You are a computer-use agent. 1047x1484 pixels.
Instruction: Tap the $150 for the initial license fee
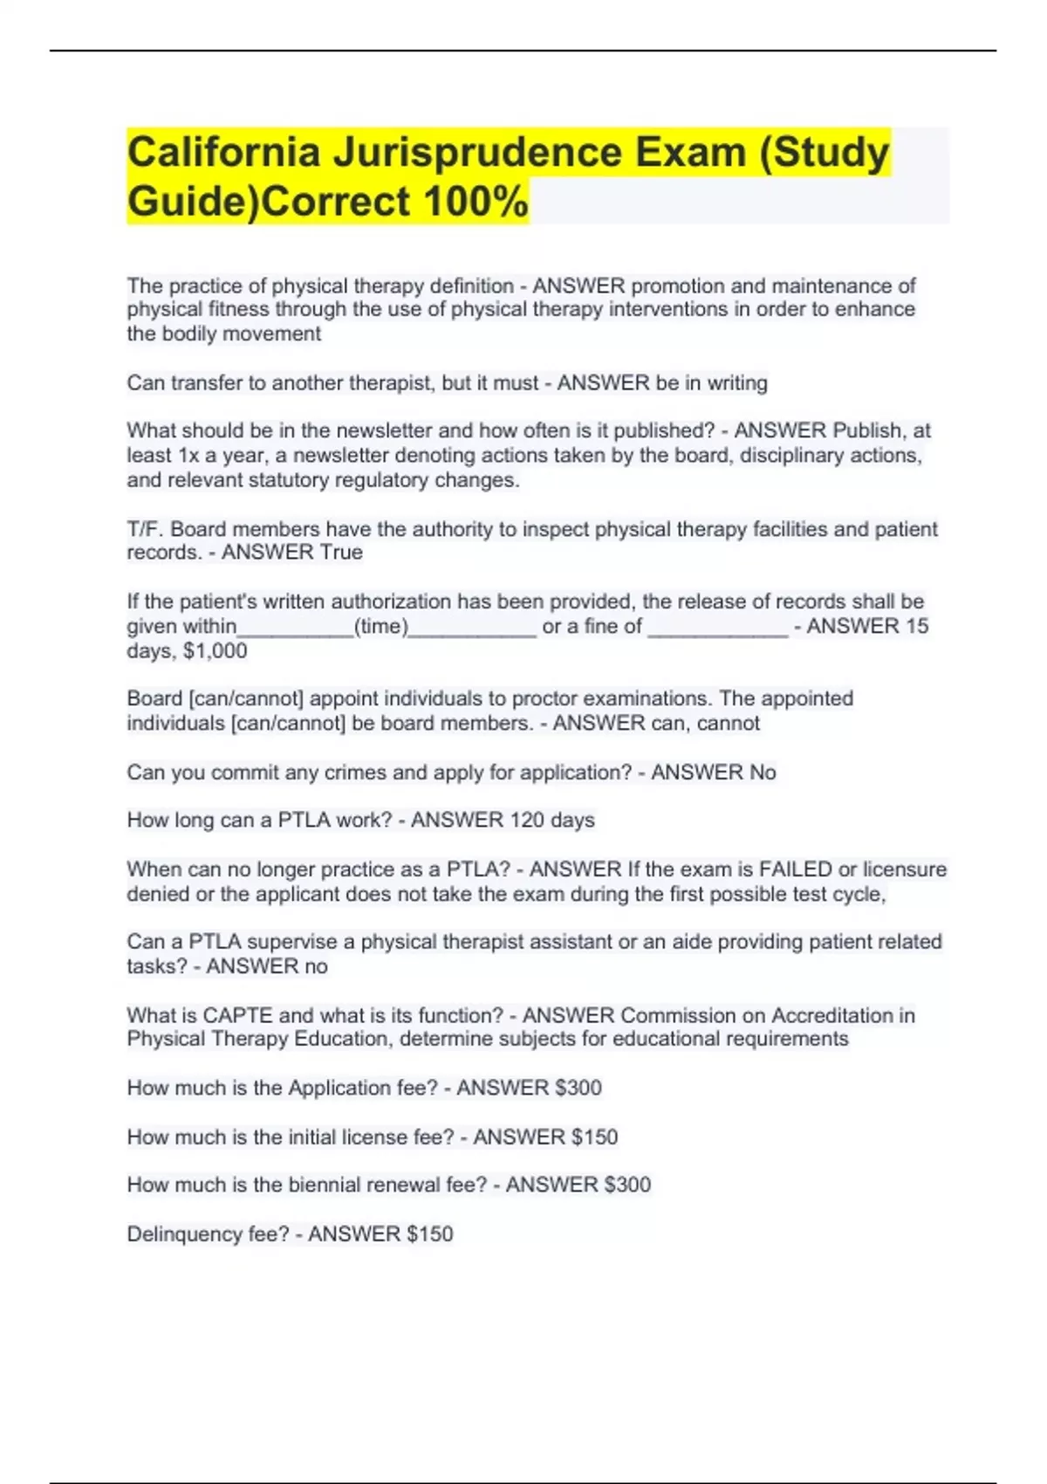[594, 1137]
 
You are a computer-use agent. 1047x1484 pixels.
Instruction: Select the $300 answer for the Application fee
[578, 1089]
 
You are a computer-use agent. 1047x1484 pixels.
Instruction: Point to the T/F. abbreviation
[146, 530]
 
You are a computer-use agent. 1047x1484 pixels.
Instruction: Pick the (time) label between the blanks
[381, 627]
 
